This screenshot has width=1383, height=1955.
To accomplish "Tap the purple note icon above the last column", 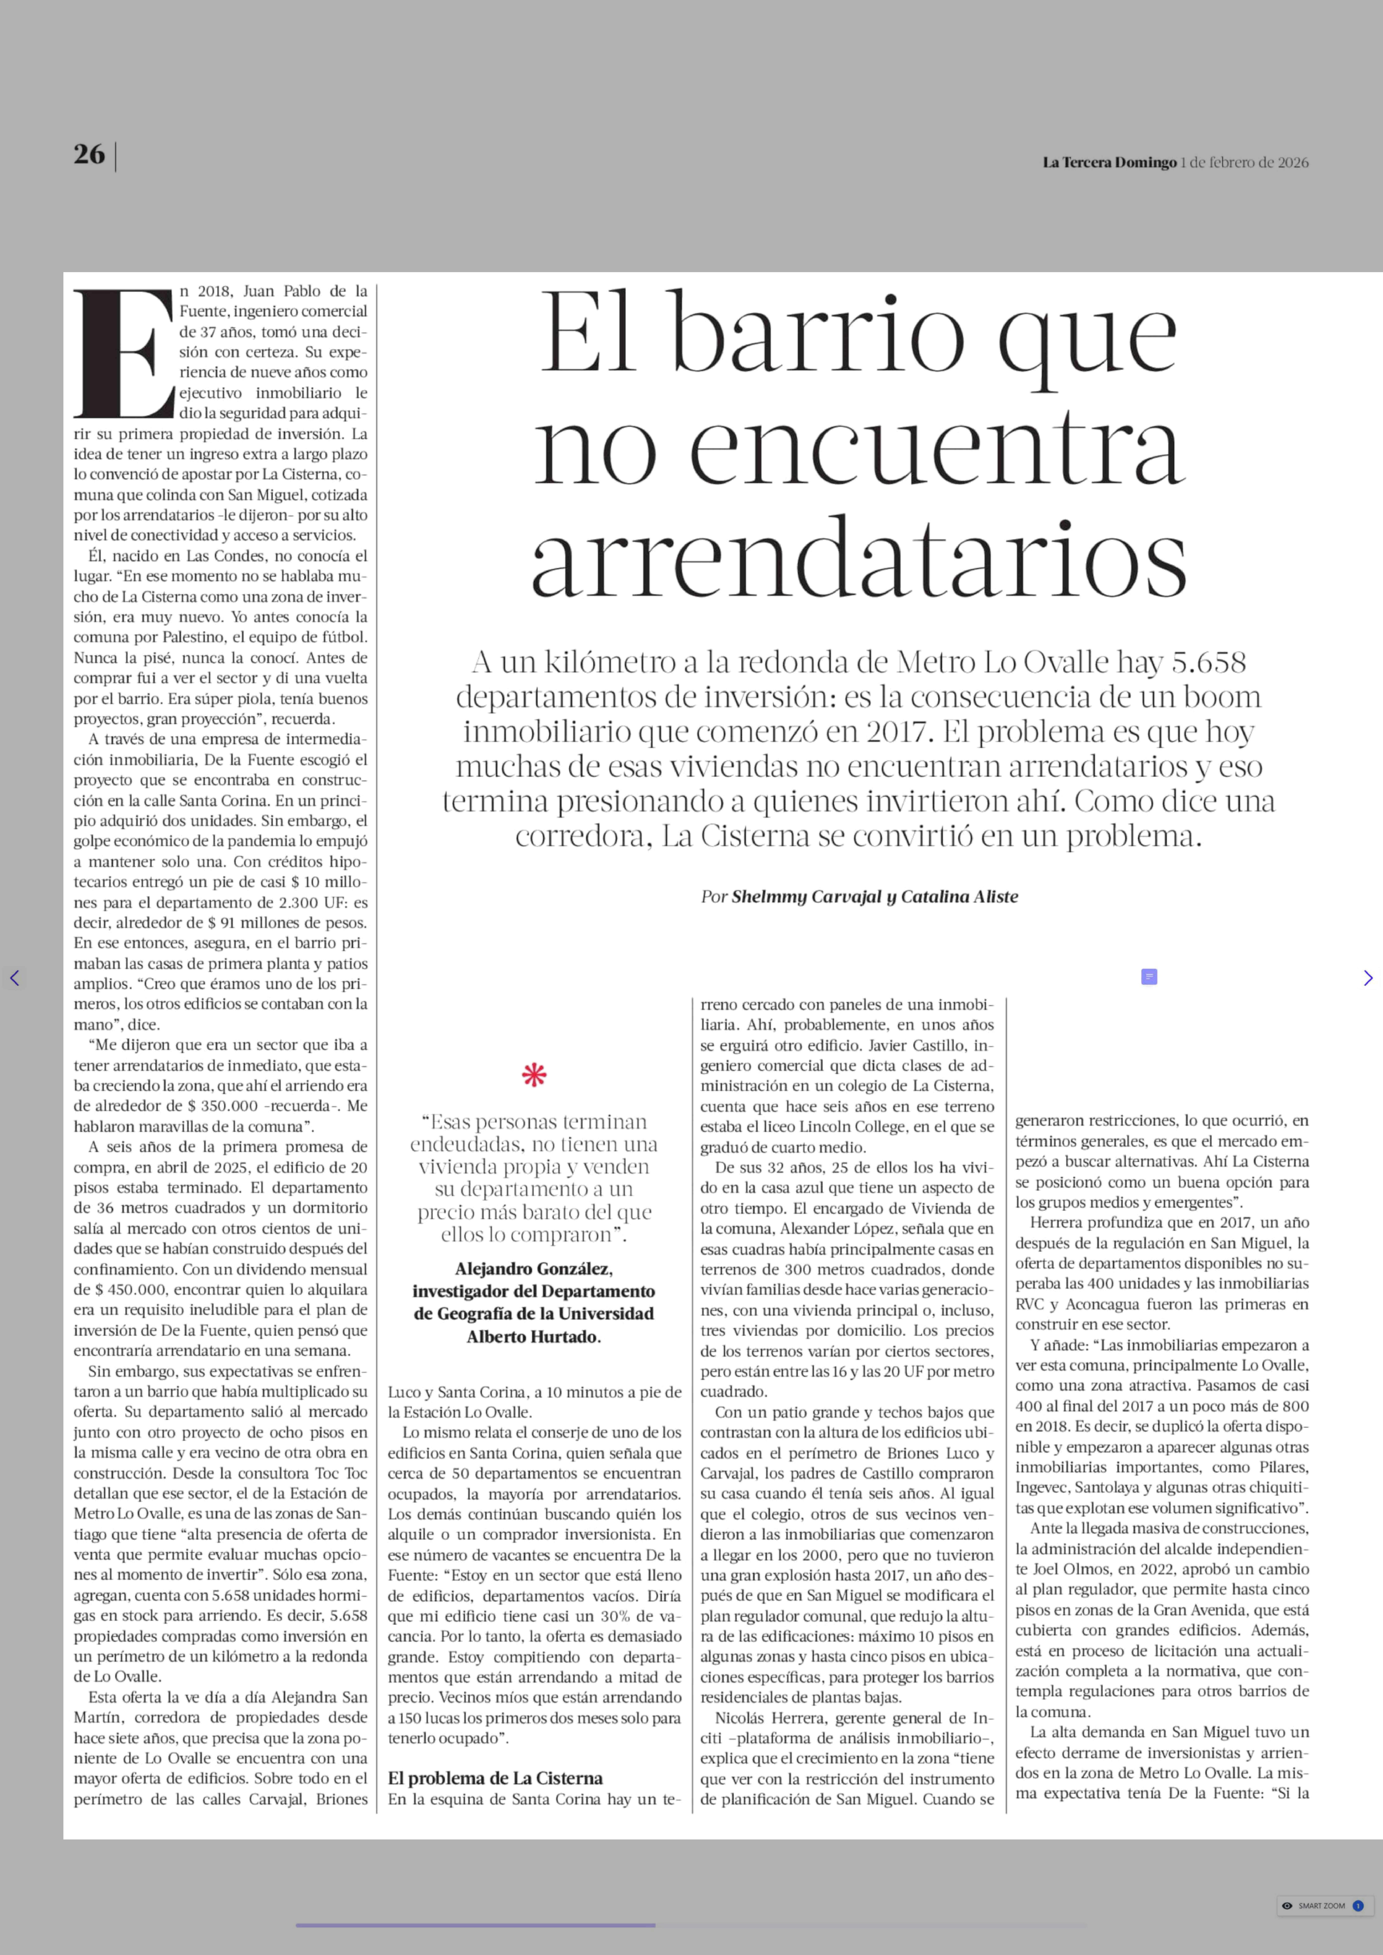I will (x=1149, y=977).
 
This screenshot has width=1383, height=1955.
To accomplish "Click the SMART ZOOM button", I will (x=1322, y=1906).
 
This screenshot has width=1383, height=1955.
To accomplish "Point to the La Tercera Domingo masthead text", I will (x=1109, y=163).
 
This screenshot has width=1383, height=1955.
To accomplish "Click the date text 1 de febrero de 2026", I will (x=1244, y=163).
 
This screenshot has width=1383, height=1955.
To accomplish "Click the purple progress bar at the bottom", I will (x=475, y=1924).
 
